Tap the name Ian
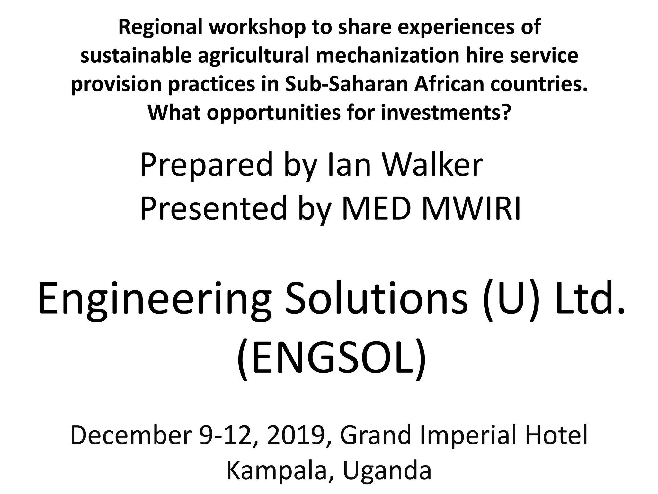pos(349,165)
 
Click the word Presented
pos(213,209)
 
